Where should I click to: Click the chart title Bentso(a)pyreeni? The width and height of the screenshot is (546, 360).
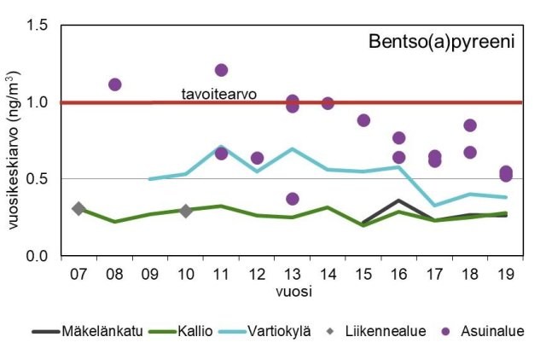441,42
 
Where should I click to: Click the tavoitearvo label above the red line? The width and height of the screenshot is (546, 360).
218,93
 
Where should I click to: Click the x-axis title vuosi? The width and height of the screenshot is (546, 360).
293,291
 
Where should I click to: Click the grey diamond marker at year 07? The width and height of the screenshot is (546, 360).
78,208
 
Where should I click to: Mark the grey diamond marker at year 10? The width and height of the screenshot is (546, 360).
185,211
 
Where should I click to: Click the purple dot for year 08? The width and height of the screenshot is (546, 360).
114,84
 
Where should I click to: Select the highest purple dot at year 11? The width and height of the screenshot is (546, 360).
221,70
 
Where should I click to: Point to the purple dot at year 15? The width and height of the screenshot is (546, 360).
363,120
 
